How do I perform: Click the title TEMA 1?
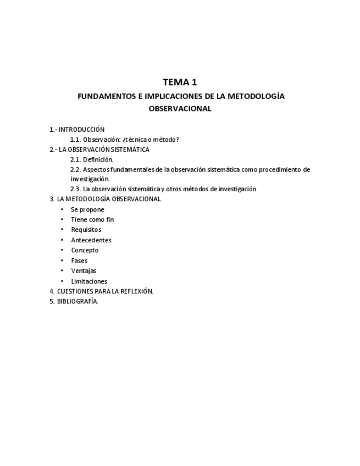point(180,82)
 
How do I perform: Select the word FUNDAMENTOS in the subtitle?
point(106,96)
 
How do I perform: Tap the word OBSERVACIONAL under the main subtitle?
point(180,109)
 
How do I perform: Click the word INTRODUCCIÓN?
point(82,130)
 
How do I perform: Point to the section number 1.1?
point(75,140)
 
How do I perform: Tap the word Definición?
point(98,159)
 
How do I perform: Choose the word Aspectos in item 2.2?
point(96,169)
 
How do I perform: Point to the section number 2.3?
point(75,189)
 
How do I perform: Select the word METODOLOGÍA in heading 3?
point(89,199)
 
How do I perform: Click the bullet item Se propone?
point(87,209)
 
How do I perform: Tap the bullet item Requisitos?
point(86,230)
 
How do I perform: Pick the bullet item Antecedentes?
point(91,240)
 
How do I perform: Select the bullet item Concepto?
point(85,250)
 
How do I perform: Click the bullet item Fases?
point(79,260)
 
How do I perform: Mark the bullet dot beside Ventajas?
point(62,270)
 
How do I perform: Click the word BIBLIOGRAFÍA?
point(77,301)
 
